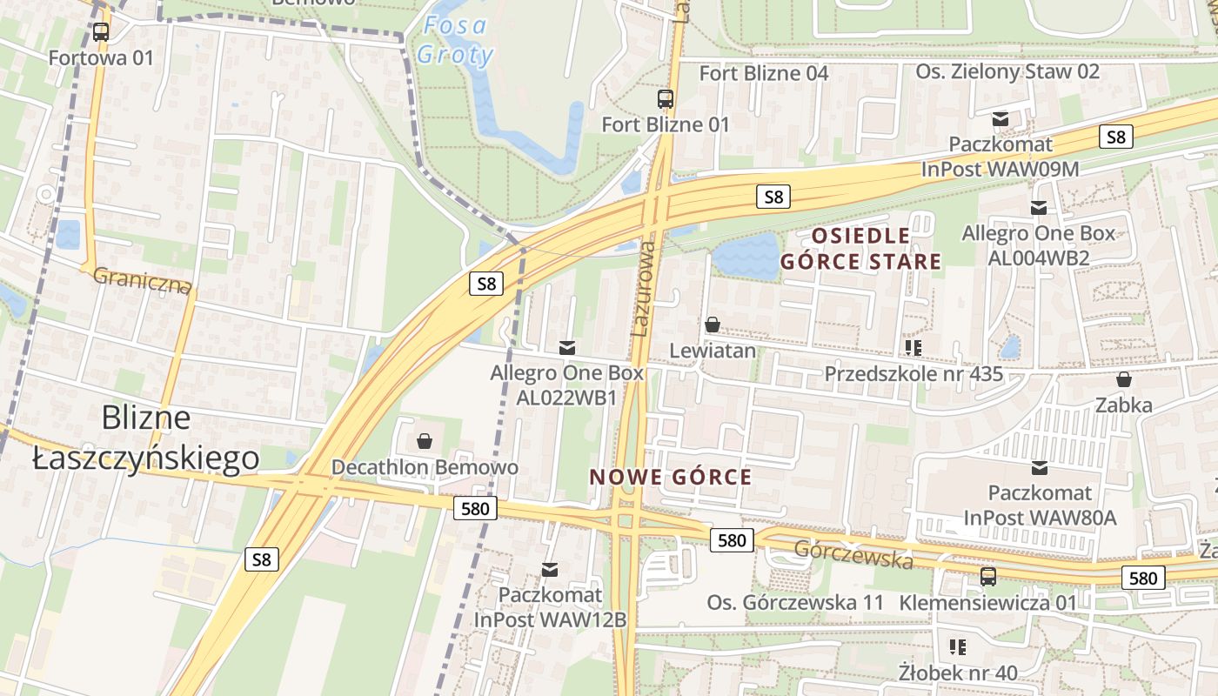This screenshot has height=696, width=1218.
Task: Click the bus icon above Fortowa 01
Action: pyautogui.click(x=101, y=32)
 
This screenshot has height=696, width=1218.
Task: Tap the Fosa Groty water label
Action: pyautogui.click(x=454, y=40)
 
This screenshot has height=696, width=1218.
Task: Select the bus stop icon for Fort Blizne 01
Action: pyautogui.click(x=666, y=98)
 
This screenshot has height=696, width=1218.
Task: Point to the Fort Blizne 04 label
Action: pyautogui.click(x=764, y=73)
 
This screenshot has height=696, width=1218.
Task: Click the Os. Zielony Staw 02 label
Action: pyautogui.click(x=1007, y=71)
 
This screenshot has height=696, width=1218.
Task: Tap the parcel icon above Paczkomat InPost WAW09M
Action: pyautogui.click(x=1000, y=118)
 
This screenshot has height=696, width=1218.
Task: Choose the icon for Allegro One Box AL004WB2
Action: pyautogui.click(x=1038, y=208)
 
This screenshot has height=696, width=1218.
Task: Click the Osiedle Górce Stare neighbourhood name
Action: pyautogui.click(x=860, y=248)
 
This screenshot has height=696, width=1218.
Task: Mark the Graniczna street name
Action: pyautogui.click(x=141, y=280)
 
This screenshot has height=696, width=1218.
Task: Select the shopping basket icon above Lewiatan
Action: pyautogui.click(x=713, y=325)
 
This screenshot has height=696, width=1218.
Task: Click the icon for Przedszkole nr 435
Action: pyautogui.click(x=913, y=348)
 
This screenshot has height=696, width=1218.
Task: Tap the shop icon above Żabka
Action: pyautogui.click(x=1124, y=379)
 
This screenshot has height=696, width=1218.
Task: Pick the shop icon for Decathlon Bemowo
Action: pyautogui.click(x=425, y=441)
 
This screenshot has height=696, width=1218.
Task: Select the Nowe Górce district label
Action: pyautogui.click(x=670, y=477)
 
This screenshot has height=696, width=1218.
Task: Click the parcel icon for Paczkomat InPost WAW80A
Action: pyautogui.click(x=1039, y=468)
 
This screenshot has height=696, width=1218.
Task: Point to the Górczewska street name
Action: pyautogui.click(x=853, y=553)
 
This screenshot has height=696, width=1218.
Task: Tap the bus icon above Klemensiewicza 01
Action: pyautogui.click(x=987, y=576)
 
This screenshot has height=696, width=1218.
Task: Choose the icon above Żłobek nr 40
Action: pyautogui.click(x=958, y=646)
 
